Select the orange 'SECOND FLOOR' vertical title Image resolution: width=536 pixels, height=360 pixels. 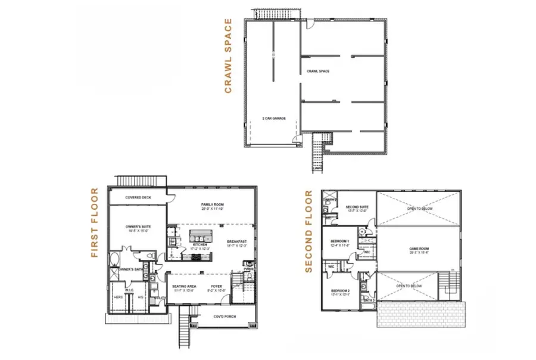click(x=308, y=231)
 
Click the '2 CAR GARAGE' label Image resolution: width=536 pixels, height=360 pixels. click(x=274, y=119)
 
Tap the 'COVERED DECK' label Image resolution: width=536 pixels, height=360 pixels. click(x=137, y=197)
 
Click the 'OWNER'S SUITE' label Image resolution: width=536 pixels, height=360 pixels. click(x=137, y=227)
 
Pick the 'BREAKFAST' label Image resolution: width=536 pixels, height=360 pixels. click(x=236, y=241)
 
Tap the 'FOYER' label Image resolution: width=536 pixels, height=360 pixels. click(x=216, y=287)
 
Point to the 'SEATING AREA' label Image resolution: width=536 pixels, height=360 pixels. click(x=184, y=287)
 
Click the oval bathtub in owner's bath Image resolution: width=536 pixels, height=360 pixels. click(x=114, y=259)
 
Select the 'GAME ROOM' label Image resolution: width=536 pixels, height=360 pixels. click(x=419, y=249)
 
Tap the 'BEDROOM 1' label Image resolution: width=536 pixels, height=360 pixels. click(x=339, y=241)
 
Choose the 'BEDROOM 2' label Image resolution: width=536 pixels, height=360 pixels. click(x=340, y=291)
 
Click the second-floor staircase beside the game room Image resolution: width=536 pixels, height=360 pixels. click(x=447, y=284)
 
